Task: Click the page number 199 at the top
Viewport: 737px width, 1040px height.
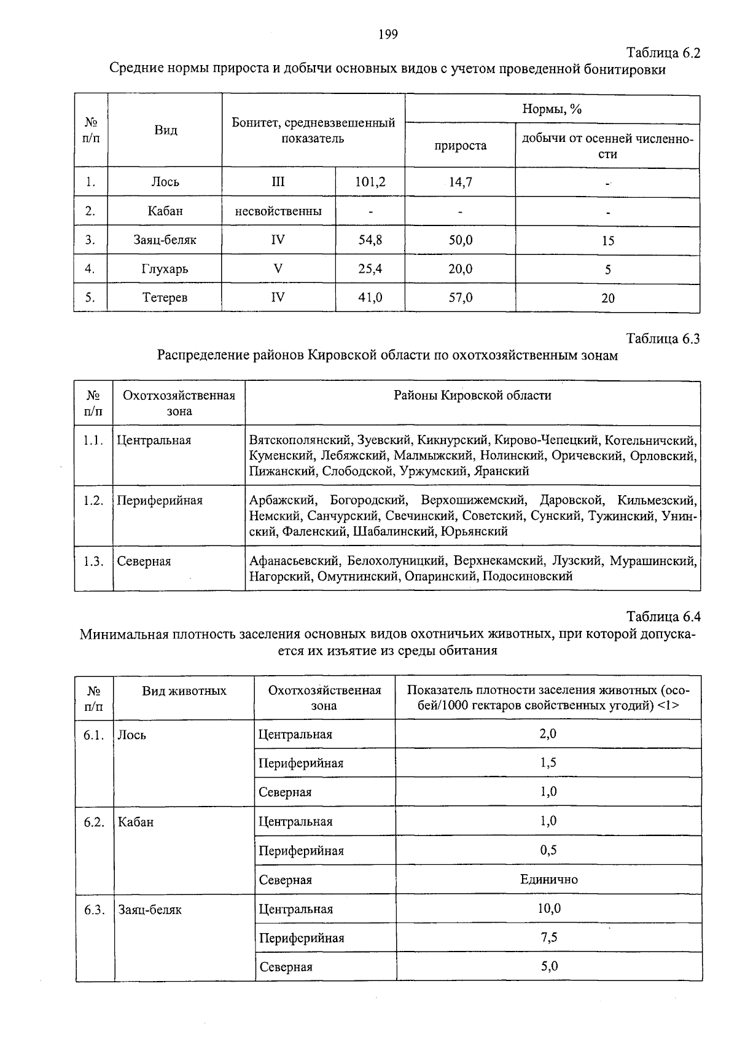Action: pos(388,34)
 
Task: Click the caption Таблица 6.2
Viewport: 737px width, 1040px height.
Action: pos(663,53)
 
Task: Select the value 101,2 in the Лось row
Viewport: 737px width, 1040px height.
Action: pos(370,182)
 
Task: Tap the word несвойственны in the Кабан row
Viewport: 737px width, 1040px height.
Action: pos(278,211)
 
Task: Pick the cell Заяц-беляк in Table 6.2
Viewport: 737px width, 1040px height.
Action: pos(165,240)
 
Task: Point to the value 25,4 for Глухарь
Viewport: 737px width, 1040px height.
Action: pos(370,268)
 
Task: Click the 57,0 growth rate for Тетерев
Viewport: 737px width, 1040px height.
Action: pos(461,298)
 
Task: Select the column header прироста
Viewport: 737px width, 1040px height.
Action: pos(461,146)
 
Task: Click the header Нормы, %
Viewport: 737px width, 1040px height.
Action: pos(552,109)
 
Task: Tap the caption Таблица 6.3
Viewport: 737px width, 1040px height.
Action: pos(663,339)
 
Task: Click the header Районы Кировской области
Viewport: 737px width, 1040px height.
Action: pos(472,396)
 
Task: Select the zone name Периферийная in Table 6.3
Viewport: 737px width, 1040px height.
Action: pos(160,501)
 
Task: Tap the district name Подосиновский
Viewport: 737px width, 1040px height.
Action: pos(528,576)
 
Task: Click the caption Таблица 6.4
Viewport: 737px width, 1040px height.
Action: pos(663,617)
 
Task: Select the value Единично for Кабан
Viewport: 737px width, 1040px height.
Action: pos(548,880)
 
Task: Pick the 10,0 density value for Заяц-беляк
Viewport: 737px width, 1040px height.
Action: pos(548,909)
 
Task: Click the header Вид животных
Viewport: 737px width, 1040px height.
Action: pos(184,691)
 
